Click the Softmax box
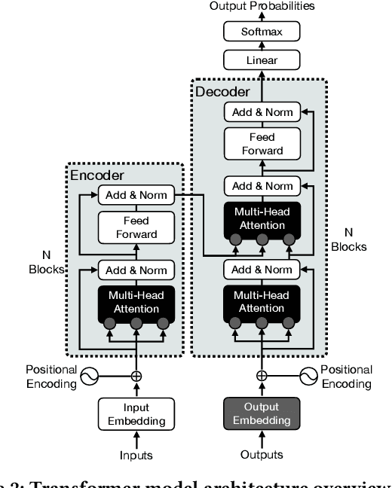tap(262, 32)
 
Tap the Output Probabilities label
tap(262, 7)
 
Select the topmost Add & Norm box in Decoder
tap(262, 112)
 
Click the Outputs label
tap(262, 455)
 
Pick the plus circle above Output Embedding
tap(262, 375)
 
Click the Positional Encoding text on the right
tap(346, 376)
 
